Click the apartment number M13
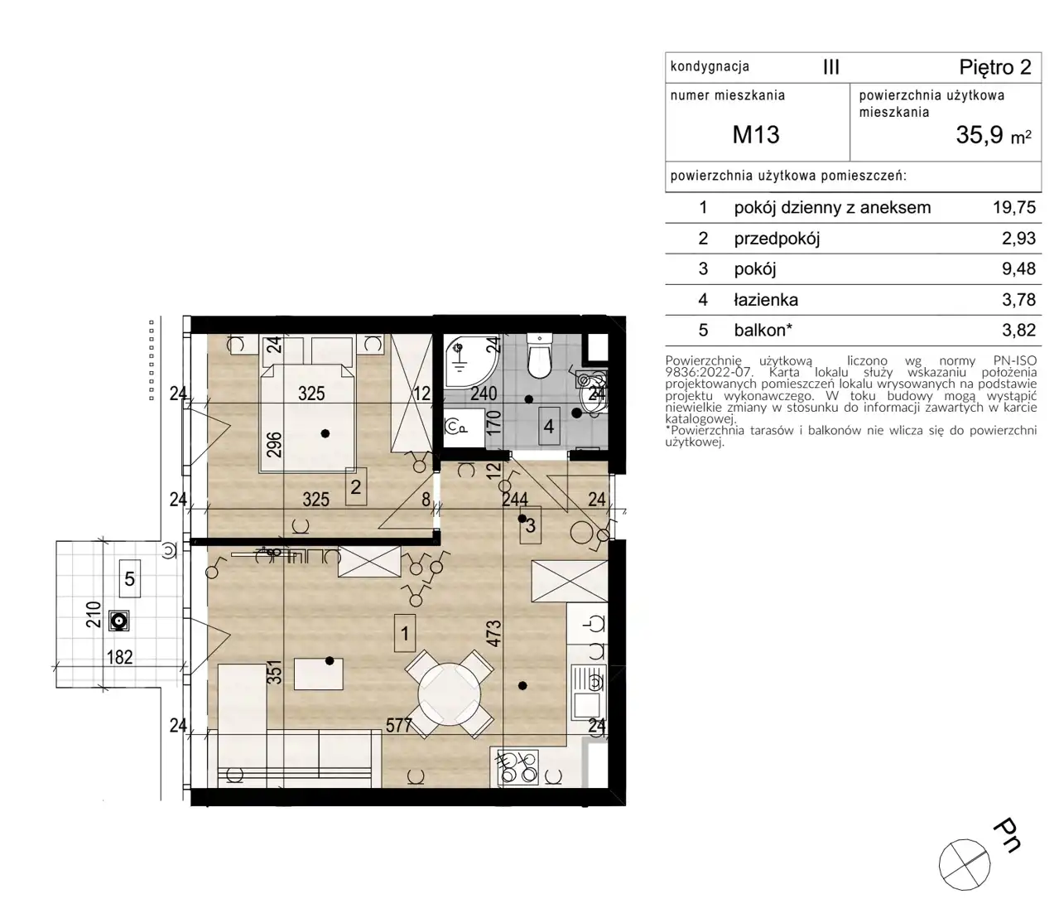pyautogui.click(x=755, y=135)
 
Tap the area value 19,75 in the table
pyautogui.click(x=1014, y=207)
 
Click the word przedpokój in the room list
pyautogui.click(x=777, y=239)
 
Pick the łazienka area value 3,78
pyautogui.click(x=1018, y=299)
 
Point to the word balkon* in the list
pyautogui.click(x=763, y=330)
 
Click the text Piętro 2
pyautogui.click(x=994, y=67)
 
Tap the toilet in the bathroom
pyautogui.click(x=539, y=355)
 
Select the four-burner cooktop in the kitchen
pyautogui.click(x=517, y=767)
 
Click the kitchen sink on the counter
pyautogui.click(x=588, y=692)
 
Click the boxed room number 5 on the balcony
pyautogui.click(x=129, y=578)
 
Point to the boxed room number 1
pyautogui.click(x=405, y=633)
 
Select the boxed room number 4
pyautogui.click(x=549, y=426)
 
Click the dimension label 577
pyautogui.click(x=398, y=725)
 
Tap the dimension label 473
pyautogui.click(x=493, y=634)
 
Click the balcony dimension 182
pyautogui.click(x=119, y=657)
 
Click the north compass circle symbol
pyautogui.click(x=965, y=865)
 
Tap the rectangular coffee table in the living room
pyautogui.click(x=318, y=674)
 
